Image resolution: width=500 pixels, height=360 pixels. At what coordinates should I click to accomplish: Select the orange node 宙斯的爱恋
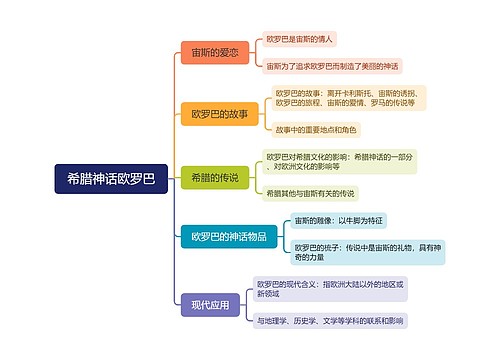click(x=214, y=53)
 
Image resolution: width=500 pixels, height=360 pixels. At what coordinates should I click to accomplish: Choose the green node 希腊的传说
click(x=214, y=177)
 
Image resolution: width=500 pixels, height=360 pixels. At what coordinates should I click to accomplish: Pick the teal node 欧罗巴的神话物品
click(x=228, y=237)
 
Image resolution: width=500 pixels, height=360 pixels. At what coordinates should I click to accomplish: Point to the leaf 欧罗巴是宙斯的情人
click(x=300, y=39)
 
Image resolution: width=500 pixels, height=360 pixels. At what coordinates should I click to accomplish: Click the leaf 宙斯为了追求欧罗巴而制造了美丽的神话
click(x=333, y=67)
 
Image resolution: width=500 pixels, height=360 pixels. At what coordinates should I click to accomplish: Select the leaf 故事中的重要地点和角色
click(x=315, y=130)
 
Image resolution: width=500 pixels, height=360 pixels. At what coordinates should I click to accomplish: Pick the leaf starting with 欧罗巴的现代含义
click(x=331, y=289)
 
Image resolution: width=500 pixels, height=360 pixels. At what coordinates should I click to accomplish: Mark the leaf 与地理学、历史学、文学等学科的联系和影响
click(x=330, y=321)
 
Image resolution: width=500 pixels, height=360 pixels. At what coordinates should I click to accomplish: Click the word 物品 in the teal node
click(x=255, y=237)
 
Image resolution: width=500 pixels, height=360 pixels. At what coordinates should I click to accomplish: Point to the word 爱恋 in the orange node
click(x=226, y=53)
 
